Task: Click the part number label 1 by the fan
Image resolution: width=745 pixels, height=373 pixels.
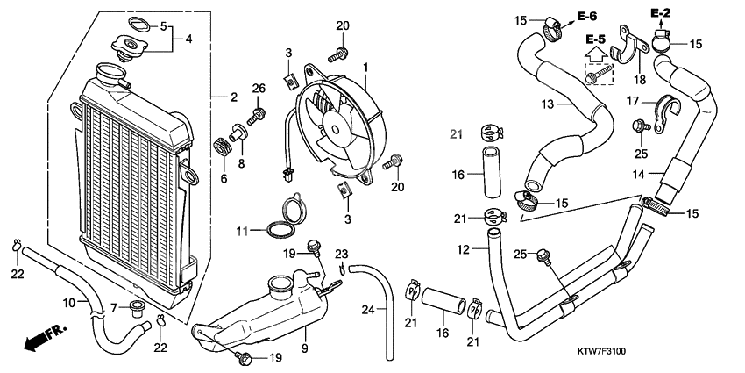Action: coord(366,67)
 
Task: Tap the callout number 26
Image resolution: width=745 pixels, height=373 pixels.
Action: coord(258,88)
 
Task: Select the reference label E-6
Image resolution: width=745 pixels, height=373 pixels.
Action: coord(587,17)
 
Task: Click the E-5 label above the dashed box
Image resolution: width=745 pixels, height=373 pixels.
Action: coord(596,39)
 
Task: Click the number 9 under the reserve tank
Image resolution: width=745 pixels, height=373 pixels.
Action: coord(306,334)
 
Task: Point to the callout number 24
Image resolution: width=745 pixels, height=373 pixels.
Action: coord(369,310)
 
